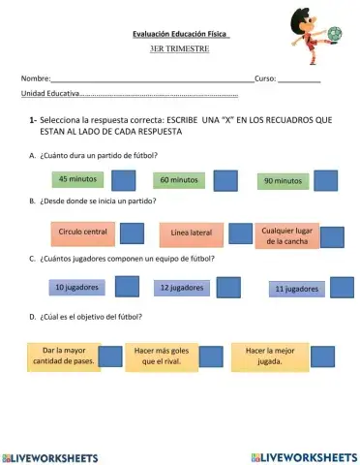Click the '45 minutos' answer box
pos(76,179)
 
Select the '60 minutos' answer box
pos(179,180)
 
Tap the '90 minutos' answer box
pos(283,180)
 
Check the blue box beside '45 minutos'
pos(124,181)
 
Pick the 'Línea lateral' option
pos(192,233)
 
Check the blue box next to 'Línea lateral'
pos(240,234)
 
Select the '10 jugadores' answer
pos(74,288)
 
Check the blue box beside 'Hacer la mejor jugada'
pos(323,357)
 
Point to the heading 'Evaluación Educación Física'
pos(180,34)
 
